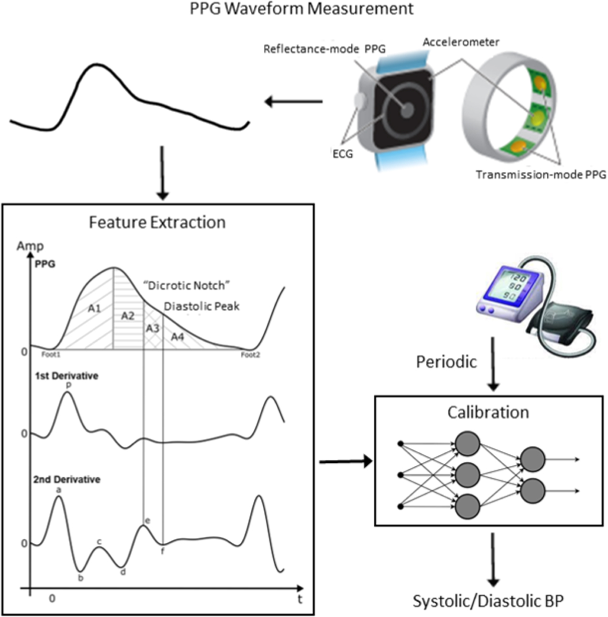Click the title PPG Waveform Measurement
click(302, 9)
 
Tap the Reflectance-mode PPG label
click(324, 49)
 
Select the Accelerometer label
click(461, 42)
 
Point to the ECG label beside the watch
click(342, 154)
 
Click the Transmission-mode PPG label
click(540, 175)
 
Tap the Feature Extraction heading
click(157, 223)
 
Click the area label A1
click(94, 309)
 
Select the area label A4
click(178, 337)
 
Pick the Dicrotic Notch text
click(187, 286)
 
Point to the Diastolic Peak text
click(202, 306)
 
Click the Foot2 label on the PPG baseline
click(250, 355)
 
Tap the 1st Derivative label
click(67, 376)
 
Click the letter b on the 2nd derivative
click(81, 578)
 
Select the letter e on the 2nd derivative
click(147, 520)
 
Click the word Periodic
click(446, 362)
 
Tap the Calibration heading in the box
click(488, 413)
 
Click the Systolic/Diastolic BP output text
click(488, 601)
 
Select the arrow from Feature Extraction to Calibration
click(345, 462)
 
